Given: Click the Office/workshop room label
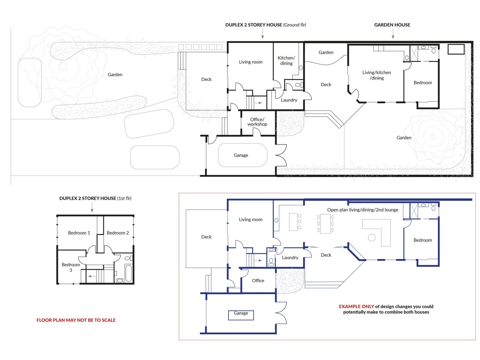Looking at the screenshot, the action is [257, 122].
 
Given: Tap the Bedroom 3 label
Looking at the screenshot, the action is [70, 267].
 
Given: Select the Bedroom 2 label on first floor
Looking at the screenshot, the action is [118, 233].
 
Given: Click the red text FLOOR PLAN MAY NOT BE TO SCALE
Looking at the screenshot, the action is [76, 320].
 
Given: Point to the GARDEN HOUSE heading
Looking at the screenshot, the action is [392, 25].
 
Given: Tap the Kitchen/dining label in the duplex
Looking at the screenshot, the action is [286, 61].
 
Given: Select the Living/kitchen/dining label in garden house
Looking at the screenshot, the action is [376, 75].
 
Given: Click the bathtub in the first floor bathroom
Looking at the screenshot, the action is [128, 273].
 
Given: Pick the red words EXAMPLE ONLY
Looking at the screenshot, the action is [356, 306].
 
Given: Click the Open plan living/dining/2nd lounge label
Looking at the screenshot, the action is [363, 210].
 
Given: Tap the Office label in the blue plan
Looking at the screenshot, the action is [258, 281].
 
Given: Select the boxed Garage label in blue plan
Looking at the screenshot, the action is [241, 315].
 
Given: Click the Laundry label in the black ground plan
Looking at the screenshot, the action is [289, 100].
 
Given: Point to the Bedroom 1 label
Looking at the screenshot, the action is [79, 233].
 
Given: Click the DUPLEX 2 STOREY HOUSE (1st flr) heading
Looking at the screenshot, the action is [95, 198].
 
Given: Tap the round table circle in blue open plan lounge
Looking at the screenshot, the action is [371, 238].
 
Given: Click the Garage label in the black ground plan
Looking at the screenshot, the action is [241, 155].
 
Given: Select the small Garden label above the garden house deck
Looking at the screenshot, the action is [326, 52].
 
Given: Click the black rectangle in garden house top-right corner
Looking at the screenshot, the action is [456, 49].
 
